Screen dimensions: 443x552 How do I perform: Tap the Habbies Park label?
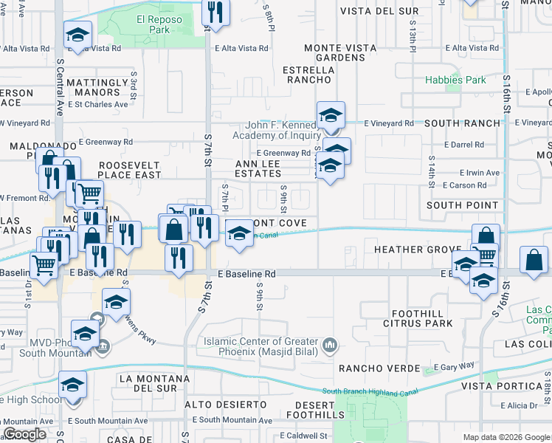click(x=455, y=80)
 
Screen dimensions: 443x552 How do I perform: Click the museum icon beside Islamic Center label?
click(x=330, y=343)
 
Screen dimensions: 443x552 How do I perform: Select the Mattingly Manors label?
click(x=93, y=87)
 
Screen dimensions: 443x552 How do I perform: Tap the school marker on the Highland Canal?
click(x=238, y=235)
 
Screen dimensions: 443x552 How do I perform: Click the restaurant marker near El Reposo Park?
click(x=215, y=11)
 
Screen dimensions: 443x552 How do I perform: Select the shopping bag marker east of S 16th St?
click(x=534, y=261)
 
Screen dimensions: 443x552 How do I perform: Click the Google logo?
click(x=26, y=434)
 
